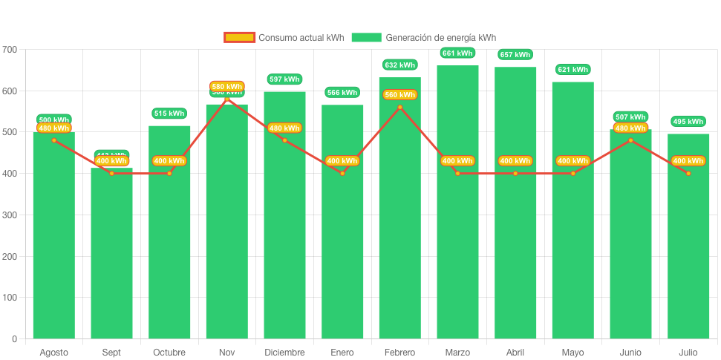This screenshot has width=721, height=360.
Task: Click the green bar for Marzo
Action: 457,223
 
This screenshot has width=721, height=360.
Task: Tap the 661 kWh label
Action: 457,53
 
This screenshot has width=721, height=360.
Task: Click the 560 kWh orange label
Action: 399,95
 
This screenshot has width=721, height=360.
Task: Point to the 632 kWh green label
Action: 399,65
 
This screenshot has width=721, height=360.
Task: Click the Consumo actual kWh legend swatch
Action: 239,38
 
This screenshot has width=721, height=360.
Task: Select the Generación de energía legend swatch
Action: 366,38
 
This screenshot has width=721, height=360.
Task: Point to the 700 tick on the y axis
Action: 10,50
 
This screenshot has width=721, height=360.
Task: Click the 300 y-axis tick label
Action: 10,215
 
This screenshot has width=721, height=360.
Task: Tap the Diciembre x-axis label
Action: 284,353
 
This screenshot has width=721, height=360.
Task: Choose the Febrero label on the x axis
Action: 399,353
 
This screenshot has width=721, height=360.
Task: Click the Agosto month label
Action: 53,353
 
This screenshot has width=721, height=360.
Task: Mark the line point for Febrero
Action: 399,108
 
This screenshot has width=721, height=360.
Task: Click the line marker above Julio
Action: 688,174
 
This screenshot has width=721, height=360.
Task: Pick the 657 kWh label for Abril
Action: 515,55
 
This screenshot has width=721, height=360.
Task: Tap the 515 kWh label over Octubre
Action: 169,114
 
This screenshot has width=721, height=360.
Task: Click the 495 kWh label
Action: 688,122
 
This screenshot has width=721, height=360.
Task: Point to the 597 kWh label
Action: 284,79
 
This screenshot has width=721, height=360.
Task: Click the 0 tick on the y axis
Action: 14,339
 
